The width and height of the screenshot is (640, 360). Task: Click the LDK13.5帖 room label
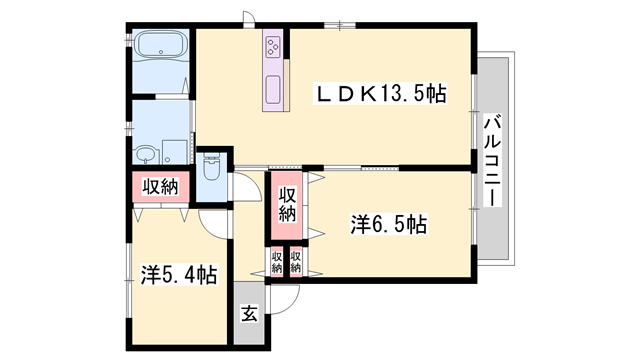click(380, 93)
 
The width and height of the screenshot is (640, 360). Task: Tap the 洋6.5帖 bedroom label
click(389, 224)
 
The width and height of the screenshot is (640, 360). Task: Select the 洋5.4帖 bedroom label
click(179, 274)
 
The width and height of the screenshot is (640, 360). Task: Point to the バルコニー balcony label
click(493, 161)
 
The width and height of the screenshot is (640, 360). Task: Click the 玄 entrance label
click(249, 313)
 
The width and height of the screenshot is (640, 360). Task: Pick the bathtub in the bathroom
click(161, 45)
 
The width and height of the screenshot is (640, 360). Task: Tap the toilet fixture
click(211, 166)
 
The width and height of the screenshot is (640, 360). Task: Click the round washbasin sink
click(145, 155)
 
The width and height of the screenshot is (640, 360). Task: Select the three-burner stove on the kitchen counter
click(272, 47)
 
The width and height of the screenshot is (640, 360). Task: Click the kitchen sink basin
click(272, 90)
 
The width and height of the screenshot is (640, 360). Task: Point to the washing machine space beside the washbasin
click(175, 152)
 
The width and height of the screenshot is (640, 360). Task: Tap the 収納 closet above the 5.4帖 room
click(160, 187)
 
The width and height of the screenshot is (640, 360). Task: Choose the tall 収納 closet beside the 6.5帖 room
click(287, 204)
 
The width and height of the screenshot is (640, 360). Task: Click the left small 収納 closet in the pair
click(277, 262)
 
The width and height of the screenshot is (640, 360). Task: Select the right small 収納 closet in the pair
click(296, 262)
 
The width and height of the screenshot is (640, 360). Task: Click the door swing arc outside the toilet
click(253, 182)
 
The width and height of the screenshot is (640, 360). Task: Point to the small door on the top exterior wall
click(248, 18)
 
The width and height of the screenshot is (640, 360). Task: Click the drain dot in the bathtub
click(161, 52)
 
